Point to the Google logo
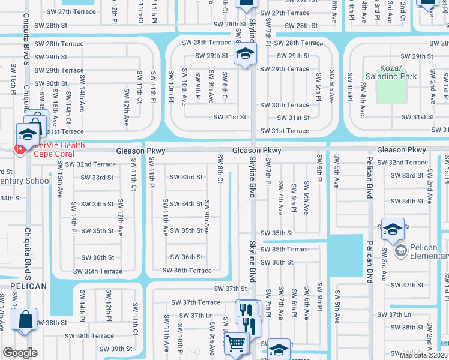tap(20, 353)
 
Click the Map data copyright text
tap(423, 355)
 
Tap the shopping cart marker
tap(235, 343)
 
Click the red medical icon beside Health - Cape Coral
tap(20, 149)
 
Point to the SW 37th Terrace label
tap(196, 302)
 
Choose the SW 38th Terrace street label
tap(89, 336)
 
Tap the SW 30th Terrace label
tap(285, 105)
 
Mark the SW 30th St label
tap(51, 84)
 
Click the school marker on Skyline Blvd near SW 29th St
tap(245, 54)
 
